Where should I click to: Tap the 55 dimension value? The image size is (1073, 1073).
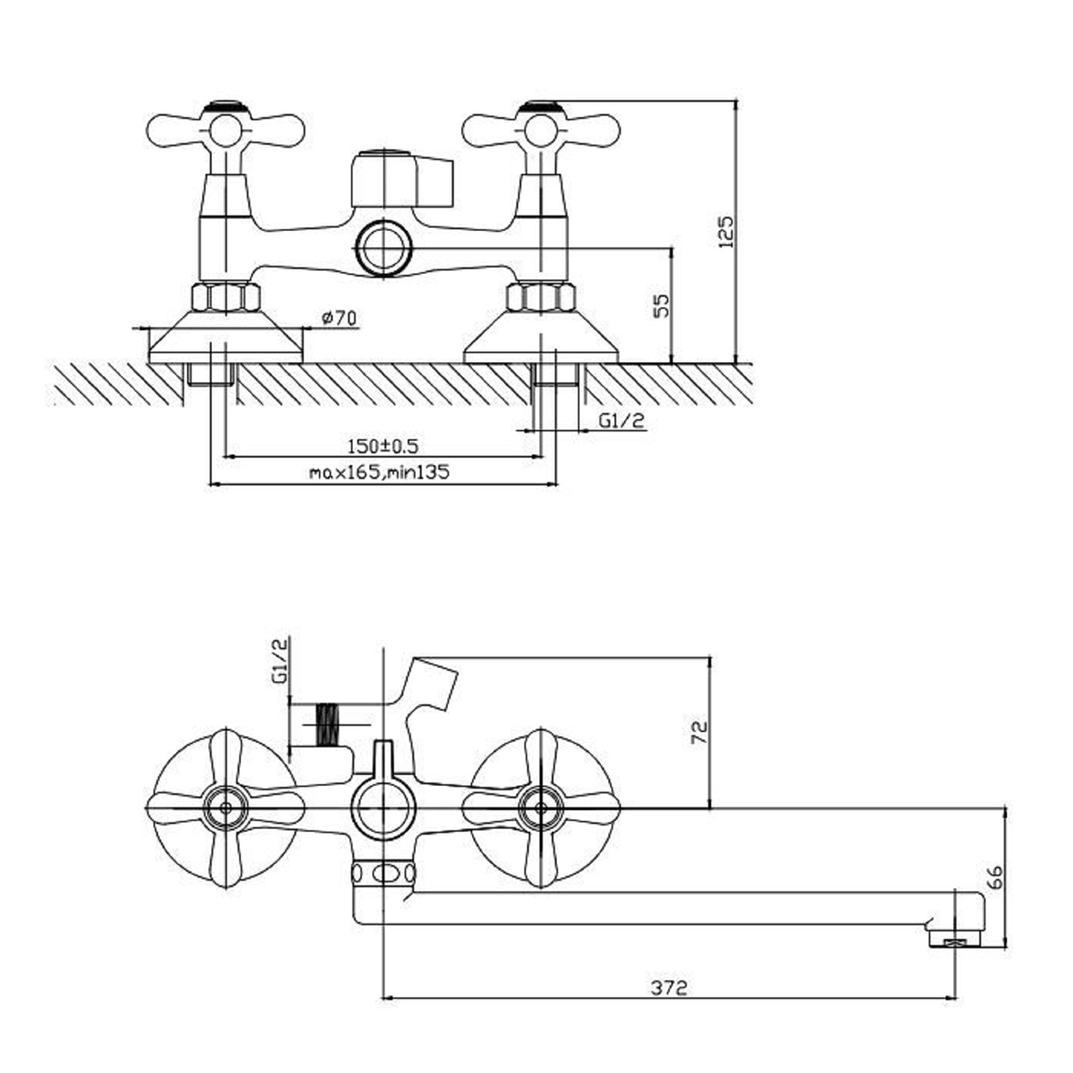[662, 306]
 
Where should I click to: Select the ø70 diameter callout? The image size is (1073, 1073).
[339, 318]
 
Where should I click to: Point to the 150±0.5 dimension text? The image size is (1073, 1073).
[383, 446]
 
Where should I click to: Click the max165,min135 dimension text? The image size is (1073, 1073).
[379, 473]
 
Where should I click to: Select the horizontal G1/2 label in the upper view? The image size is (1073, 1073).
[622, 421]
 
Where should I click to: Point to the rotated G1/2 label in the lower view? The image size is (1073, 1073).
[280, 661]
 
